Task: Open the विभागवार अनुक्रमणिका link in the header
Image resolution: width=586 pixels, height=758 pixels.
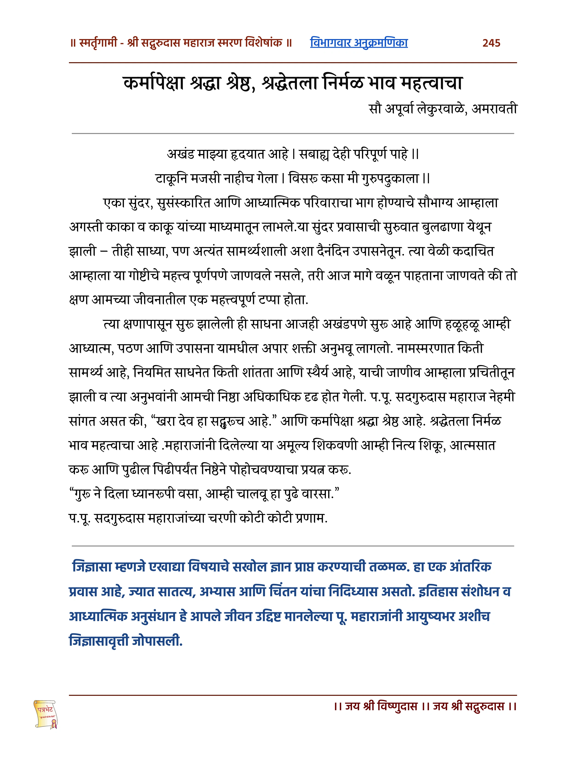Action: [x=359, y=43]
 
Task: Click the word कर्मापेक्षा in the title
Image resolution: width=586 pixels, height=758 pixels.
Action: [x=154, y=83]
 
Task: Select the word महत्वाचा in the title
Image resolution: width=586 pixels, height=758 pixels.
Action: [x=432, y=83]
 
